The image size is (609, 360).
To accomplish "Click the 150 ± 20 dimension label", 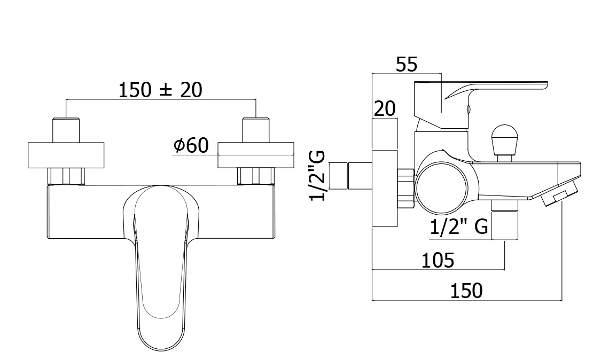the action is click(x=160, y=90).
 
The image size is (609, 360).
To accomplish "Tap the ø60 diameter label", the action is click(x=191, y=146).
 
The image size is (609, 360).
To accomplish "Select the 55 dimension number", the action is click(x=407, y=65).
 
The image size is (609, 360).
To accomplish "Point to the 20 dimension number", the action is click(x=385, y=109).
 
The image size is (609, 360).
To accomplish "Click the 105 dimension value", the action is click(x=438, y=260).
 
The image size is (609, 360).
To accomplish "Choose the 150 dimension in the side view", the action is click(x=466, y=291).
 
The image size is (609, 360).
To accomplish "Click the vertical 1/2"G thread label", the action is click(x=317, y=176).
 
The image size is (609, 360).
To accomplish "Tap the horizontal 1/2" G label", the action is click(x=459, y=226).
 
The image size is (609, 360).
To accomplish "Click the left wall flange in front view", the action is click(x=66, y=155).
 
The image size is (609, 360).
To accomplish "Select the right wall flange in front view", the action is click(x=256, y=155).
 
